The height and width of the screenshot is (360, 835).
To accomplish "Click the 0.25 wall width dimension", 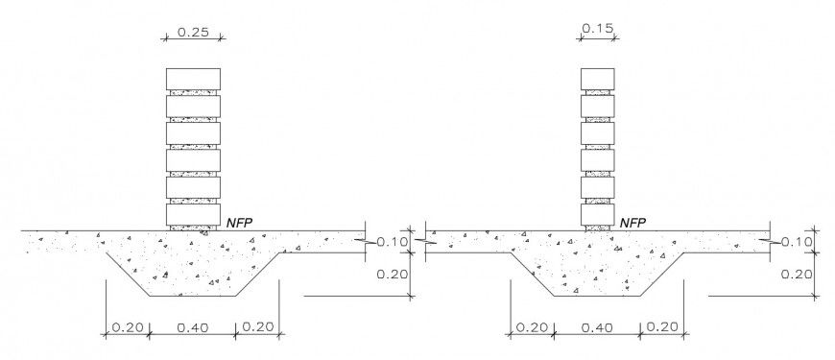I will pos(194,32).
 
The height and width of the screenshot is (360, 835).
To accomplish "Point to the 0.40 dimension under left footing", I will pos(193,327).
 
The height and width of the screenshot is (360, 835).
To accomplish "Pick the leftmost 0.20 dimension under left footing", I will pos(128,327).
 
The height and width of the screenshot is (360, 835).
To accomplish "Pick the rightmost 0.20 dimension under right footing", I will pos(664,327).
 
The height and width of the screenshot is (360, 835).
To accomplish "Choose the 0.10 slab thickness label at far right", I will pos(797,242).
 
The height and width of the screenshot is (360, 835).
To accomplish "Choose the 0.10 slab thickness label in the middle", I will pos(393,242).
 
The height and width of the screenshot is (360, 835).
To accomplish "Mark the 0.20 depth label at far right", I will pos(797,274).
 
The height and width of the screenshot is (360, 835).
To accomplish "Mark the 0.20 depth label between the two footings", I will pos(393,274).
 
